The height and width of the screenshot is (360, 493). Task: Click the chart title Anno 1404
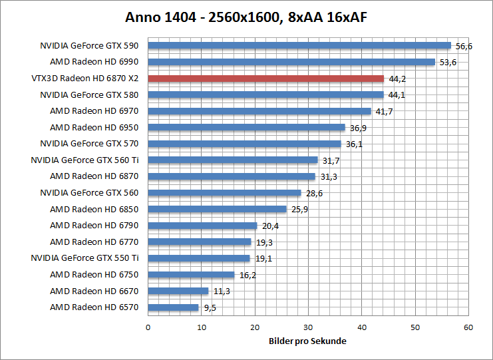pos(246,19)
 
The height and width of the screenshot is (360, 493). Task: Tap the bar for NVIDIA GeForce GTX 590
pos(299,46)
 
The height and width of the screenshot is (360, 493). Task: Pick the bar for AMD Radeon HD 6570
pos(173,307)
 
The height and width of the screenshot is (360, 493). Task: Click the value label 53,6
pos(447,63)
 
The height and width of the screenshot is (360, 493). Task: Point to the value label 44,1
pos(397,95)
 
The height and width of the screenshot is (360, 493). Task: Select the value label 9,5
pos(210,308)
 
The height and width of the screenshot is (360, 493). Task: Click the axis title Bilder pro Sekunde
pos(308,341)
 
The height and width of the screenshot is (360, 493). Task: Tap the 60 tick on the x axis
pos(468,327)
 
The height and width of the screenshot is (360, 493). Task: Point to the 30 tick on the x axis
pos(308,327)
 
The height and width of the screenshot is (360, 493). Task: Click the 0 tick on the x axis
pos(148,327)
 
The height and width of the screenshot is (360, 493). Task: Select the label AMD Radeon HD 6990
pos(94,62)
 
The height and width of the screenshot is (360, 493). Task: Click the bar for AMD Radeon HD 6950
pos(246,127)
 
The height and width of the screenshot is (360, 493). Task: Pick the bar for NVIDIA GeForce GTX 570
pos(244,144)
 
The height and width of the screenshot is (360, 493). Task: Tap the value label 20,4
pos(270,226)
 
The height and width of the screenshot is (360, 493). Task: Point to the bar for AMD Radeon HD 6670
pos(178,291)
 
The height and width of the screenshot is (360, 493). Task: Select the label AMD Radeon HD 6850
pos(94,209)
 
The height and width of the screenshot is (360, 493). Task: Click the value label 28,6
pos(314,194)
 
